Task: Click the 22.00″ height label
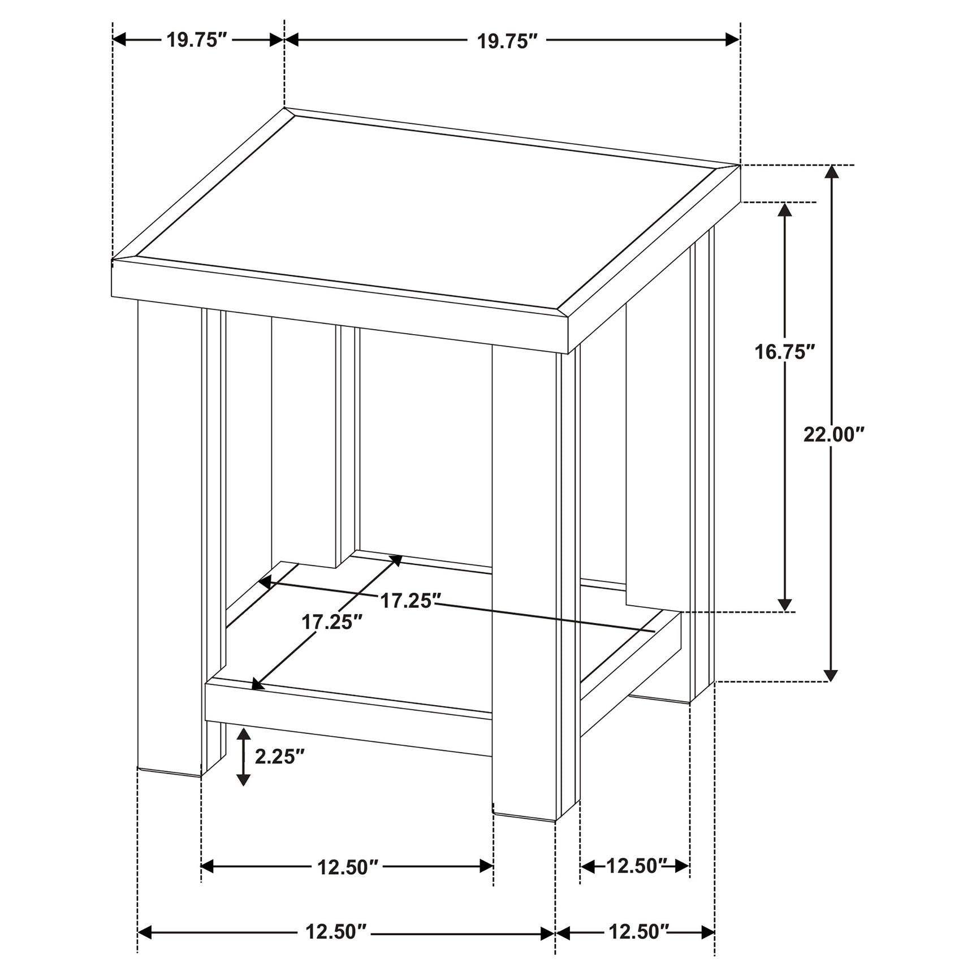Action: tap(834, 435)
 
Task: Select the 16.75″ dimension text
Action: tap(785, 352)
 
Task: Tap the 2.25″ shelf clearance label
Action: tap(280, 756)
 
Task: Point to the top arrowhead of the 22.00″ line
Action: tap(831, 172)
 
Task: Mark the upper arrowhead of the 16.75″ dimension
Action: tap(785, 209)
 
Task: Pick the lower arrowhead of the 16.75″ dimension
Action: tap(785, 604)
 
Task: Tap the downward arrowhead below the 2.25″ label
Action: tap(243, 779)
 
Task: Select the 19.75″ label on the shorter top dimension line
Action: tap(196, 40)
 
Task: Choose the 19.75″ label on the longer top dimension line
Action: tap(506, 41)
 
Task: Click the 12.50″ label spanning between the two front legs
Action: tap(347, 867)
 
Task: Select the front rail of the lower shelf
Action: tap(348, 720)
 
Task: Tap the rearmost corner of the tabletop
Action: tap(285, 108)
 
